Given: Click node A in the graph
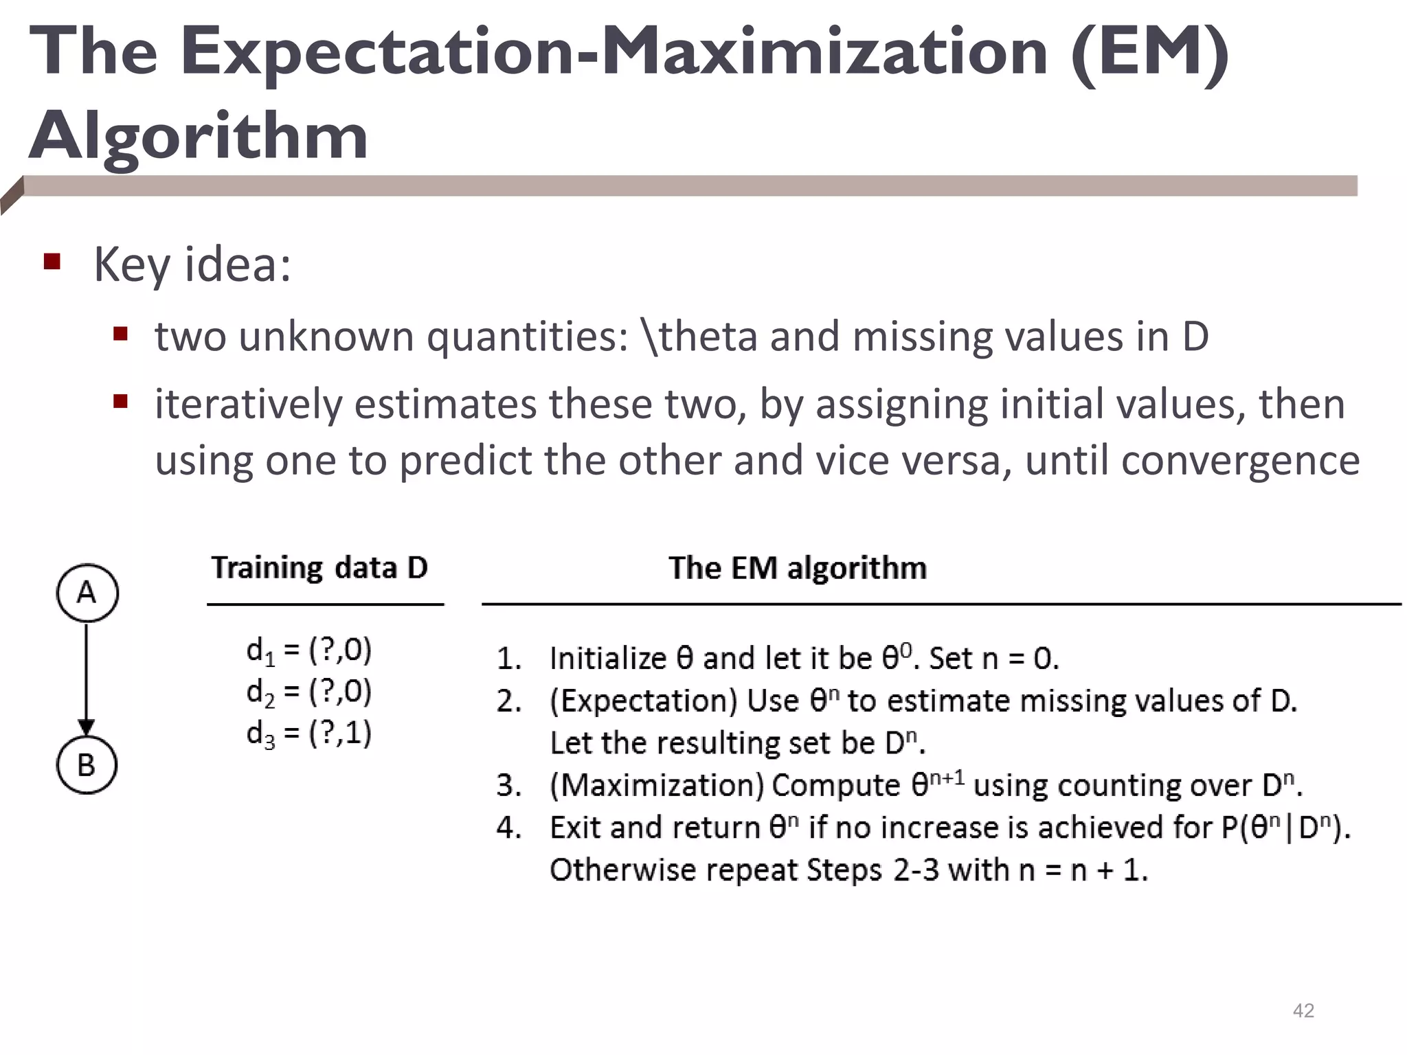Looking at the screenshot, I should (x=87, y=593).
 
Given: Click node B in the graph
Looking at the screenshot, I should (x=87, y=764).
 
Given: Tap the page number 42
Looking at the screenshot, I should (x=1303, y=1010).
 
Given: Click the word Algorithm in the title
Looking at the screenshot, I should (x=199, y=136).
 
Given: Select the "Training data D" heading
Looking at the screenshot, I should (x=319, y=568).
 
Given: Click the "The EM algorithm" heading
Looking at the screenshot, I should (x=798, y=568).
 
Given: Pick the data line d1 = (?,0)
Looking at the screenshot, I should (x=309, y=650).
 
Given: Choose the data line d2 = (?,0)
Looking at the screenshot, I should (x=309, y=692).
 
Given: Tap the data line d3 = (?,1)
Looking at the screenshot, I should (x=309, y=734).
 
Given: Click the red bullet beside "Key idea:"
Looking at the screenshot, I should (x=52, y=262).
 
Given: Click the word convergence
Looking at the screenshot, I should (x=1240, y=460).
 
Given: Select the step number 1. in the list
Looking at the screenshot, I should (x=509, y=659).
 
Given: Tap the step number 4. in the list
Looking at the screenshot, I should (x=509, y=828).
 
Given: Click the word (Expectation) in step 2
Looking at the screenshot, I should (x=643, y=701).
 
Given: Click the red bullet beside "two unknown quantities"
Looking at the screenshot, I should (x=121, y=334).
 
